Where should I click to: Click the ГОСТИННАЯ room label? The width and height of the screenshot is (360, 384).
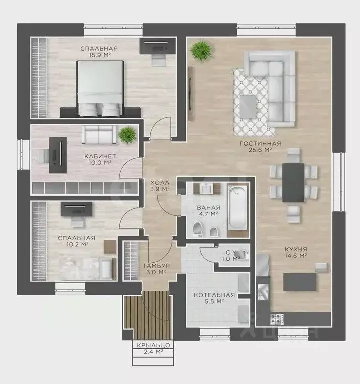tap(260, 143)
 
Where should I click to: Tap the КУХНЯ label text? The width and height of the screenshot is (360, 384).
tap(296, 249)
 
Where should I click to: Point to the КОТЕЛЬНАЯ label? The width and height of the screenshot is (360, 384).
tap(214, 295)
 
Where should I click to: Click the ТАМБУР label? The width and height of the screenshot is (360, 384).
tap(157, 266)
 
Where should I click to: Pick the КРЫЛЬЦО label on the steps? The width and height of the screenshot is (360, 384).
tap(153, 345)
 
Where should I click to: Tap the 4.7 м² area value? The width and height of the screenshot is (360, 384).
tap(208, 214)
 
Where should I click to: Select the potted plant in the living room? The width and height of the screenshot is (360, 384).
tap(202, 51)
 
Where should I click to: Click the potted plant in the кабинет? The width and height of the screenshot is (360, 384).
tap(127, 134)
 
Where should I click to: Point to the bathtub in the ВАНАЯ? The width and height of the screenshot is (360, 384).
tap(237, 208)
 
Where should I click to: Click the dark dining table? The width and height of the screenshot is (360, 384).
tap(293, 182)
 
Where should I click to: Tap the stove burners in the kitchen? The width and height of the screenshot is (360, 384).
tap(277, 319)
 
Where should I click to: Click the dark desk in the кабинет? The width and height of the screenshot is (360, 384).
tap(58, 155)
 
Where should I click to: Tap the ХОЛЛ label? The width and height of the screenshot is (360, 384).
tap(160, 182)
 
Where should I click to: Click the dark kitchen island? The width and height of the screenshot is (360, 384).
tap(300, 282)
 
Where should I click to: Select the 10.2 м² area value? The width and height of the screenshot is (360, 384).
tap(77, 244)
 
